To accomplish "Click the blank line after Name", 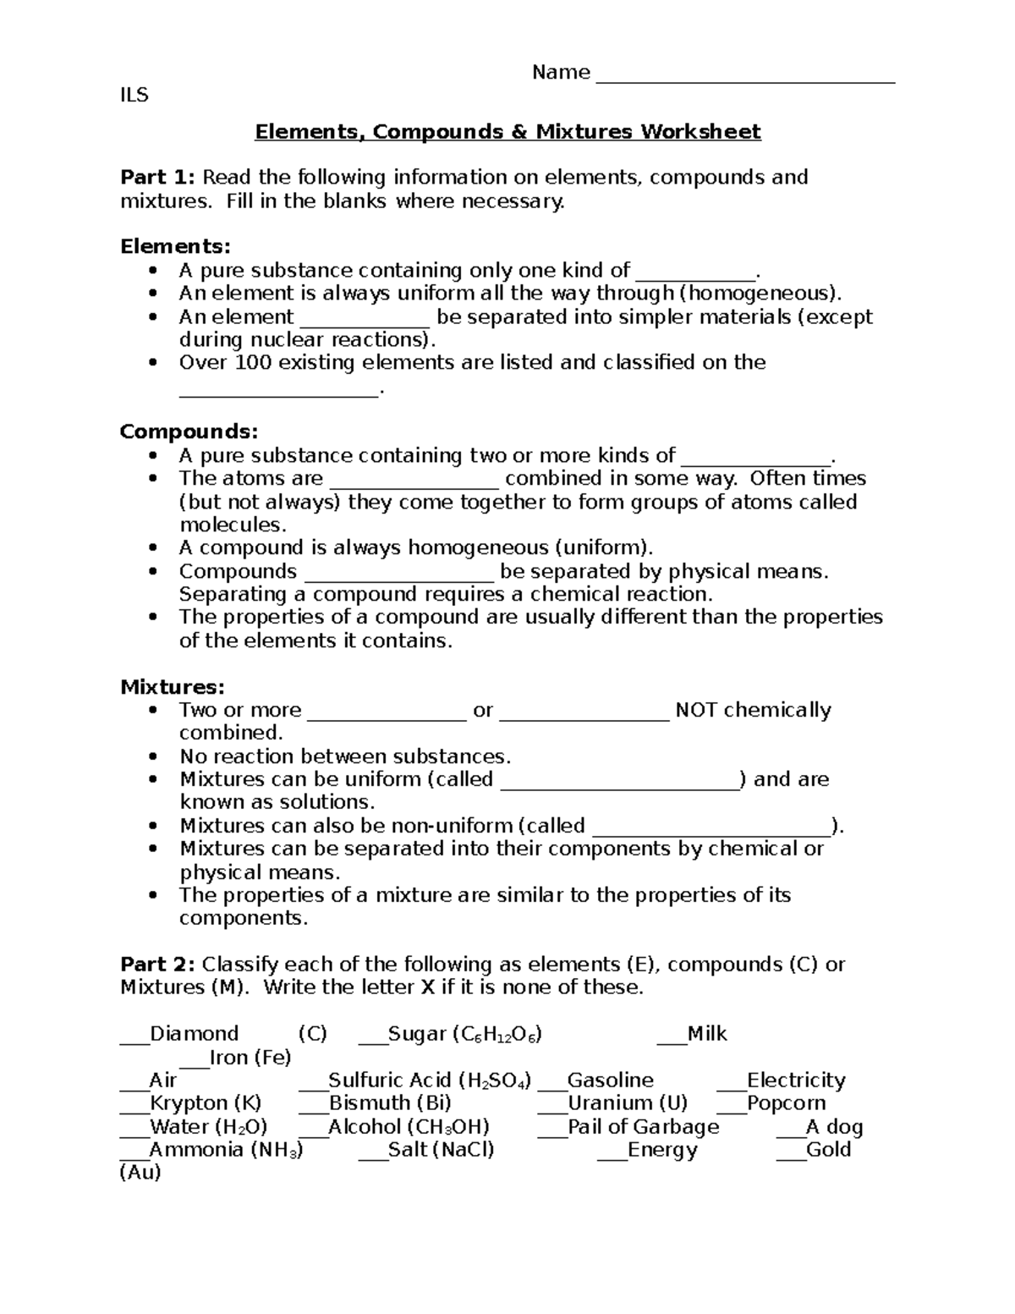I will click(745, 78).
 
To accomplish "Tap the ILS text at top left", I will click(134, 96).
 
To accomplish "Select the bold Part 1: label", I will click(158, 178).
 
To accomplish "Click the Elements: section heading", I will click(175, 247).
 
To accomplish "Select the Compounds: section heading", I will click(189, 432).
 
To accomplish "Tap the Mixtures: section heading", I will click(173, 687).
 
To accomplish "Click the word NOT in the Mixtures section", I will click(696, 710).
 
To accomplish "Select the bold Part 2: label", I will click(158, 965).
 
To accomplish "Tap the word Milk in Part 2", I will click(706, 1034).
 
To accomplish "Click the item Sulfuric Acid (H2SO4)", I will click(429, 1080).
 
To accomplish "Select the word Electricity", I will click(796, 1080).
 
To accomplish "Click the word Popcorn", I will click(786, 1103).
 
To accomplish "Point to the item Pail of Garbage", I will click(643, 1127).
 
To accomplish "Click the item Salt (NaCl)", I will click(441, 1150).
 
